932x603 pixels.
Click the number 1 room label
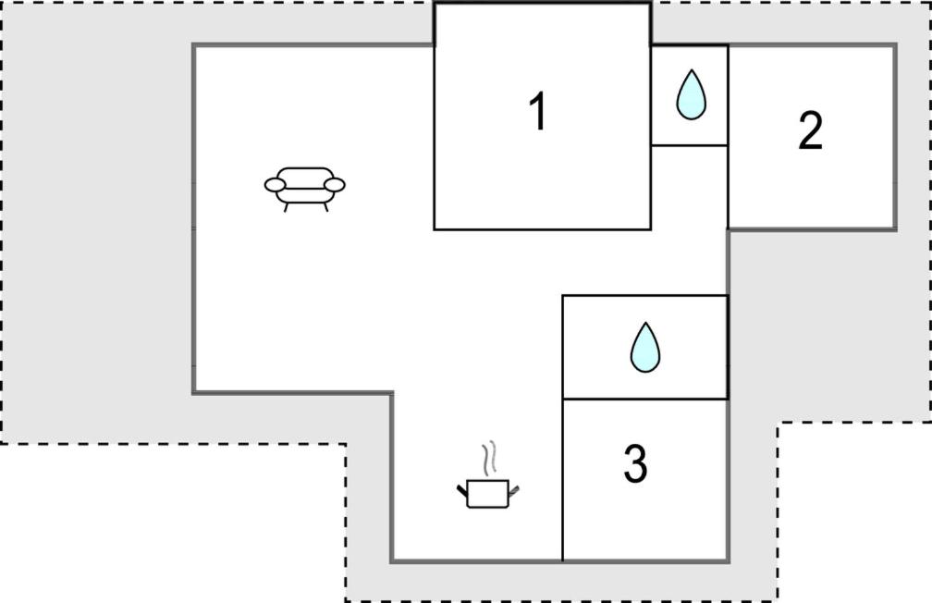(x=538, y=111)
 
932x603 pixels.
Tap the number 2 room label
(x=811, y=130)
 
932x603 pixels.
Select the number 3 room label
(x=635, y=464)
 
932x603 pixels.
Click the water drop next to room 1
(x=691, y=95)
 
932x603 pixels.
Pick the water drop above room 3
(x=645, y=348)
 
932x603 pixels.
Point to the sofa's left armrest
(x=275, y=185)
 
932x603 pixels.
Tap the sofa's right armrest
(x=335, y=185)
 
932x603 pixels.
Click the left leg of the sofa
(x=287, y=207)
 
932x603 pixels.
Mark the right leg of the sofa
(x=325, y=207)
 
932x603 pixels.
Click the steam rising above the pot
(x=489, y=458)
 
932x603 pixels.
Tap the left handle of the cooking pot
(x=462, y=490)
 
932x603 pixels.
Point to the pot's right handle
(x=514, y=490)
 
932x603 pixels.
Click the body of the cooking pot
(x=488, y=494)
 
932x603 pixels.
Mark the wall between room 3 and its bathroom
(x=645, y=399)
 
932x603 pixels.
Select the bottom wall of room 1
(x=542, y=229)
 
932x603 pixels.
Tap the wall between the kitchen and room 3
(x=562, y=480)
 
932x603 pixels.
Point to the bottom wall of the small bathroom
(x=690, y=145)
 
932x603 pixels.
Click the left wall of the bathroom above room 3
(x=562, y=347)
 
